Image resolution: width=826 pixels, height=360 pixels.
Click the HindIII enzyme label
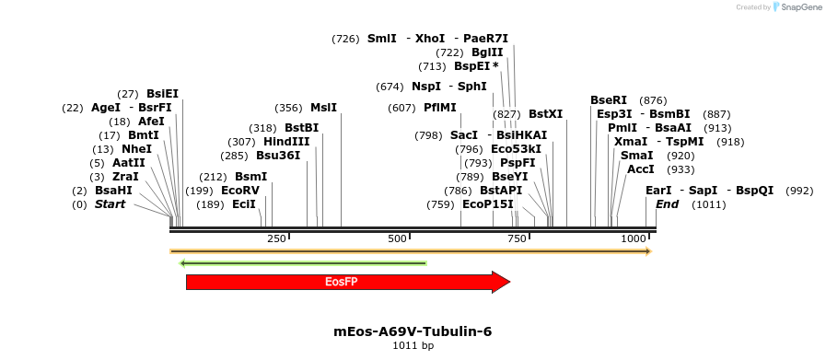point(286,142)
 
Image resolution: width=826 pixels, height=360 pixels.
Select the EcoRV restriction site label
point(240,191)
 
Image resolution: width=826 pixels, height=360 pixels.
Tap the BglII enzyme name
point(487,52)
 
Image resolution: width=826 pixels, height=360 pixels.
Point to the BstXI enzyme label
point(545,114)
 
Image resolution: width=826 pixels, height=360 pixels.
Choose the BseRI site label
point(608,100)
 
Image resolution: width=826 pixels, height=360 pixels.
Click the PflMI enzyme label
point(440,108)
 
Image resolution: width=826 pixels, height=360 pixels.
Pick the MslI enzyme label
point(323,108)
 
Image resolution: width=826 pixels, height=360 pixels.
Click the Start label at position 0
point(110,204)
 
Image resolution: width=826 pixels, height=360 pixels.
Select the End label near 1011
point(669,204)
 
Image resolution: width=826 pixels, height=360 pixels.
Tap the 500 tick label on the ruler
point(397,239)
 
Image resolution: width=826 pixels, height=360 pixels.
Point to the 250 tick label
point(276,239)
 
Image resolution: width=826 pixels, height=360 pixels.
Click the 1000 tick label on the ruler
point(634,239)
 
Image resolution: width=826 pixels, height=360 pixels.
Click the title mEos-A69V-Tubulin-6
point(413,331)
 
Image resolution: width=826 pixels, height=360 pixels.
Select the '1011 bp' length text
point(413,345)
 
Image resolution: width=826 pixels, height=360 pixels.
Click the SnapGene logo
point(797,7)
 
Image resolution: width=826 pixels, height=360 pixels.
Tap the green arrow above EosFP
point(304,263)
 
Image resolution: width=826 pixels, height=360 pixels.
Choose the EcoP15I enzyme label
point(487,204)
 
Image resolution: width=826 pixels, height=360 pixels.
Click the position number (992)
point(799,191)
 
